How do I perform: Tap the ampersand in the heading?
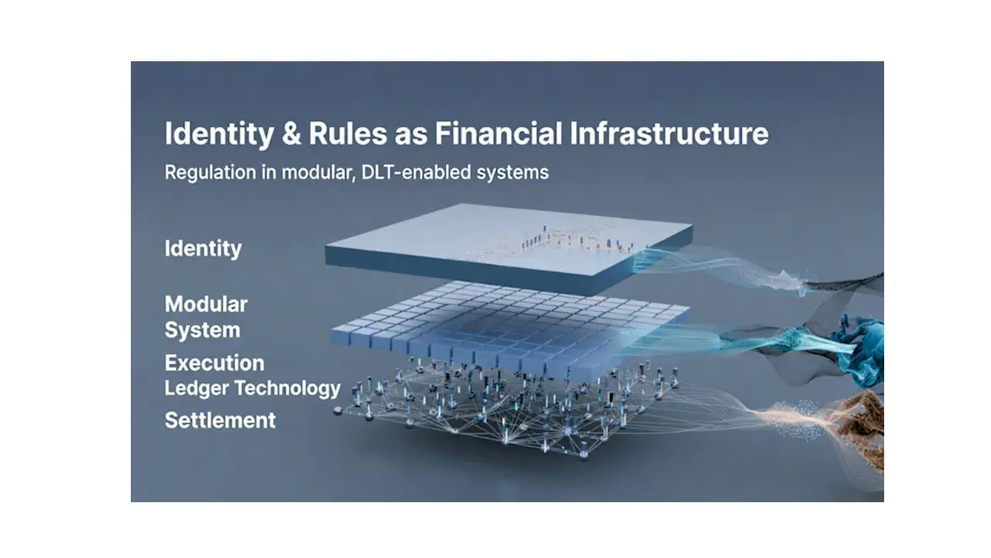[x=291, y=134]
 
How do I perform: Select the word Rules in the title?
[x=348, y=134]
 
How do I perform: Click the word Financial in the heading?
[x=498, y=134]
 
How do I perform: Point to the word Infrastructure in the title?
[x=669, y=134]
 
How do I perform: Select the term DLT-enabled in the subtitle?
[x=416, y=172]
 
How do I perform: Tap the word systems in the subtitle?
[x=513, y=173]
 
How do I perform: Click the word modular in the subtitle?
[x=317, y=172]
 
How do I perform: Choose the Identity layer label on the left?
[x=203, y=249]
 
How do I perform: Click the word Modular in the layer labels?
[x=206, y=305]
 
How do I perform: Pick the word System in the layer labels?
[x=202, y=330]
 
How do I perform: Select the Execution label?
[x=214, y=363]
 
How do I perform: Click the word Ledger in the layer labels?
[x=196, y=388]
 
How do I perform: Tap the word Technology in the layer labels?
[x=287, y=388]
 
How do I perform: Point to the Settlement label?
[x=220, y=420]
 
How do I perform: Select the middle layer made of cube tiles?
[x=509, y=330]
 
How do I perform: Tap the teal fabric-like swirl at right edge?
[x=859, y=350]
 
